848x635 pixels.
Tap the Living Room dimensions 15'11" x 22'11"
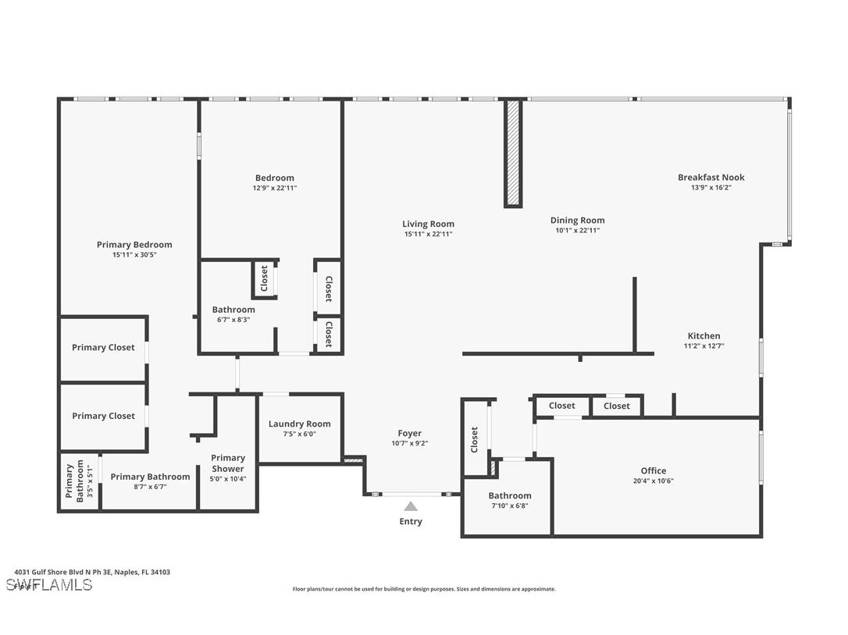tap(428, 234)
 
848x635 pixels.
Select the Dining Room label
tap(577, 220)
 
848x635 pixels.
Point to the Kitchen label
tap(704, 335)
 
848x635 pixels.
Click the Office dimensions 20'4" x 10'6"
tap(654, 481)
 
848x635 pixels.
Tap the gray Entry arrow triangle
tap(411, 506)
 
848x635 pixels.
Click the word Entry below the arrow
tap(411, 521)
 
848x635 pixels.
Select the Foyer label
tap(409, 433)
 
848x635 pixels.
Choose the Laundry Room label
tap(299, 424)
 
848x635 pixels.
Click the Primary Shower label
tap(228, 463)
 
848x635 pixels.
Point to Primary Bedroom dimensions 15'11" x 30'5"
tap(134, 254)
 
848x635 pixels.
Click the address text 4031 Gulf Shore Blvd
tap(92, 572)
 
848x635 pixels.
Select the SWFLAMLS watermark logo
tap(48, 585)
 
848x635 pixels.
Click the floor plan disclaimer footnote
tap(424, 589)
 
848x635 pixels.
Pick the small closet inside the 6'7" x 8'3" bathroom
tap(264, 278)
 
